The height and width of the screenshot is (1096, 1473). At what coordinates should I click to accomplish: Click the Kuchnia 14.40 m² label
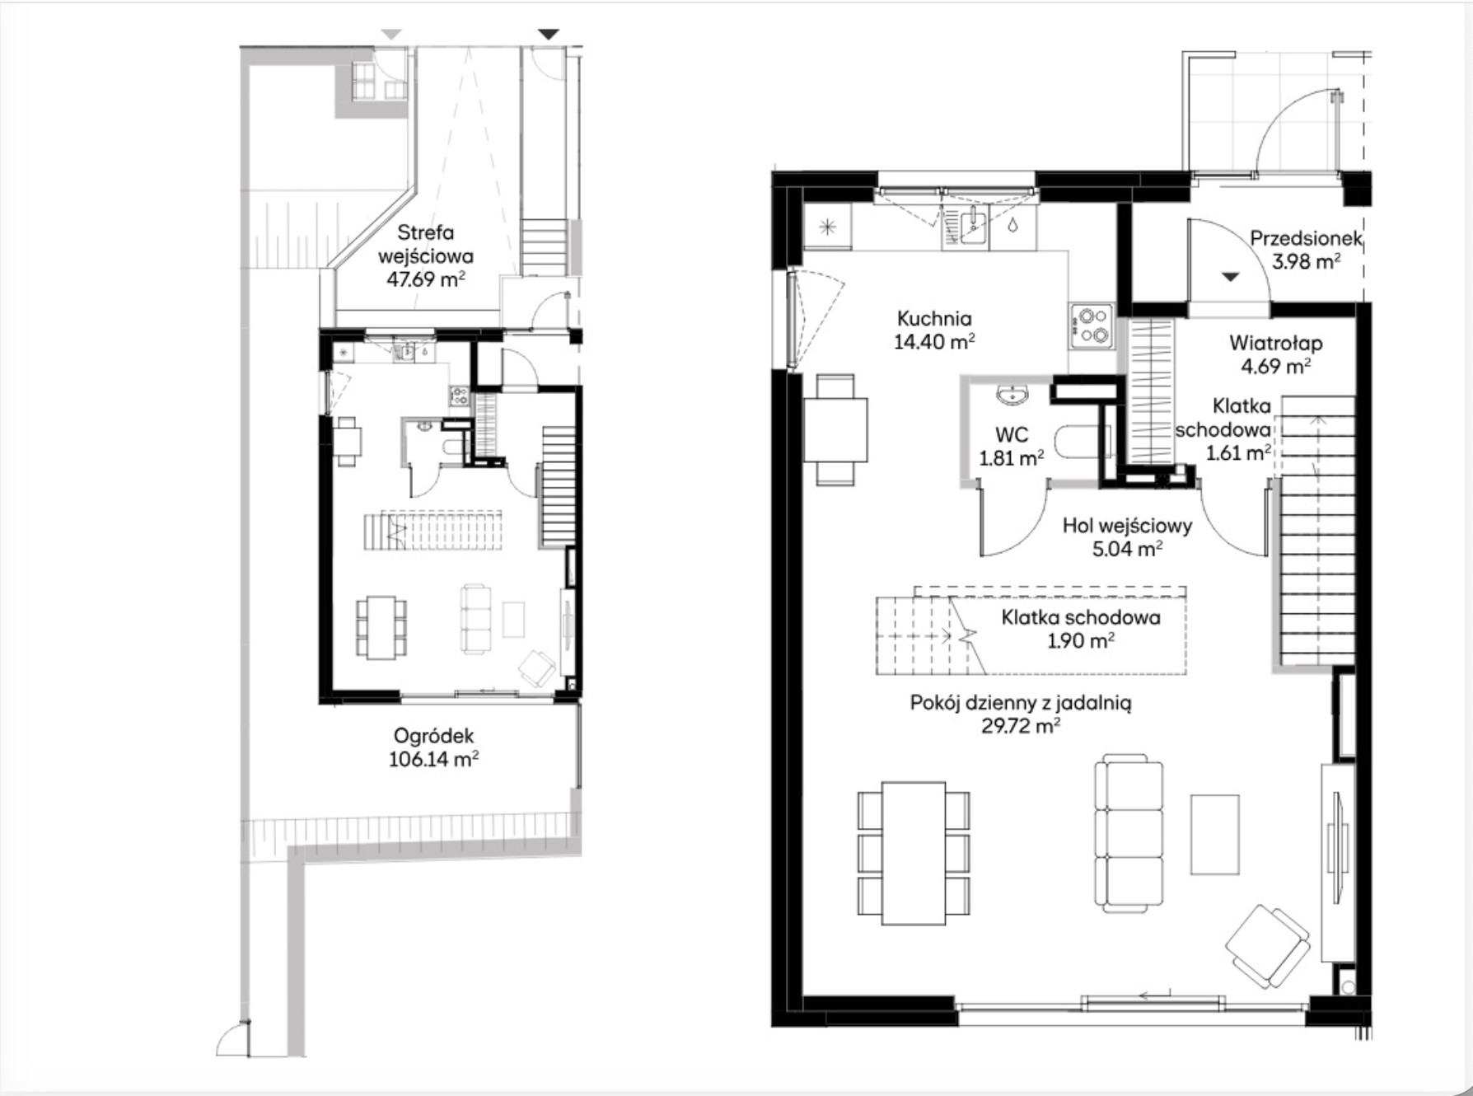pyautogui.click(x=934, y=330)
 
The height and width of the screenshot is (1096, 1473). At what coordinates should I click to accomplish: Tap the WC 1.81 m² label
pyautogui.click(x=1012, y=446)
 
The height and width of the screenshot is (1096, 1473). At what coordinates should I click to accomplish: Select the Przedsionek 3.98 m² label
pyautogui.click(x=1306, y=250)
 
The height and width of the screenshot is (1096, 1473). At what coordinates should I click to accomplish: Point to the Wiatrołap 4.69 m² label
pyautogui.click(x=1275, y=354)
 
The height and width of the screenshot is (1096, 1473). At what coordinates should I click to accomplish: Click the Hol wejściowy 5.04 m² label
pyautogui.click(x=1127, y=536)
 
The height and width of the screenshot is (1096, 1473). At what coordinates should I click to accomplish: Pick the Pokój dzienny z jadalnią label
pyautogui.click(x=1020, y=703)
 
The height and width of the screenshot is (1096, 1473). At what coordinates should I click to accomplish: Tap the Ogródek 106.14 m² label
pyautogui.click(x=433, y=747)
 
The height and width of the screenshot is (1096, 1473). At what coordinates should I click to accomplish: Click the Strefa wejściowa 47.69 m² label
pyautogui.click(x=426, y=255)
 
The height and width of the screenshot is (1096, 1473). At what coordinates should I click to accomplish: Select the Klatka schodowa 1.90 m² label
pyautogui.click(x=1081, y=629)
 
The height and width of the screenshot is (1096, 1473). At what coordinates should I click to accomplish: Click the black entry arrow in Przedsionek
pyautogui.click(x=1230, y=277)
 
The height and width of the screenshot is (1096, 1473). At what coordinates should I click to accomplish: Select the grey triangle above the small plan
pyautogui.click(x=391, y=34)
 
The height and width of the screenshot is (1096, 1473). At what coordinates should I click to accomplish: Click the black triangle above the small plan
pyautogui.click(x=549, y=34)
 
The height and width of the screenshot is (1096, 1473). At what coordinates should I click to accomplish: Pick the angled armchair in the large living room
pyautogui.click(x=1268, y=946)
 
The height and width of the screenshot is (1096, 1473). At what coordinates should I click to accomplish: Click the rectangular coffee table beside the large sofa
pyautogui.click(x=1215, y=834)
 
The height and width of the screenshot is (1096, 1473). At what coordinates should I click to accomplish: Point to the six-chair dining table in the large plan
pyautogui.click(x=914, y=853)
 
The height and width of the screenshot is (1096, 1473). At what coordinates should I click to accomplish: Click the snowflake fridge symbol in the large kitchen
pyautogui.click(x=828, y=227)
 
